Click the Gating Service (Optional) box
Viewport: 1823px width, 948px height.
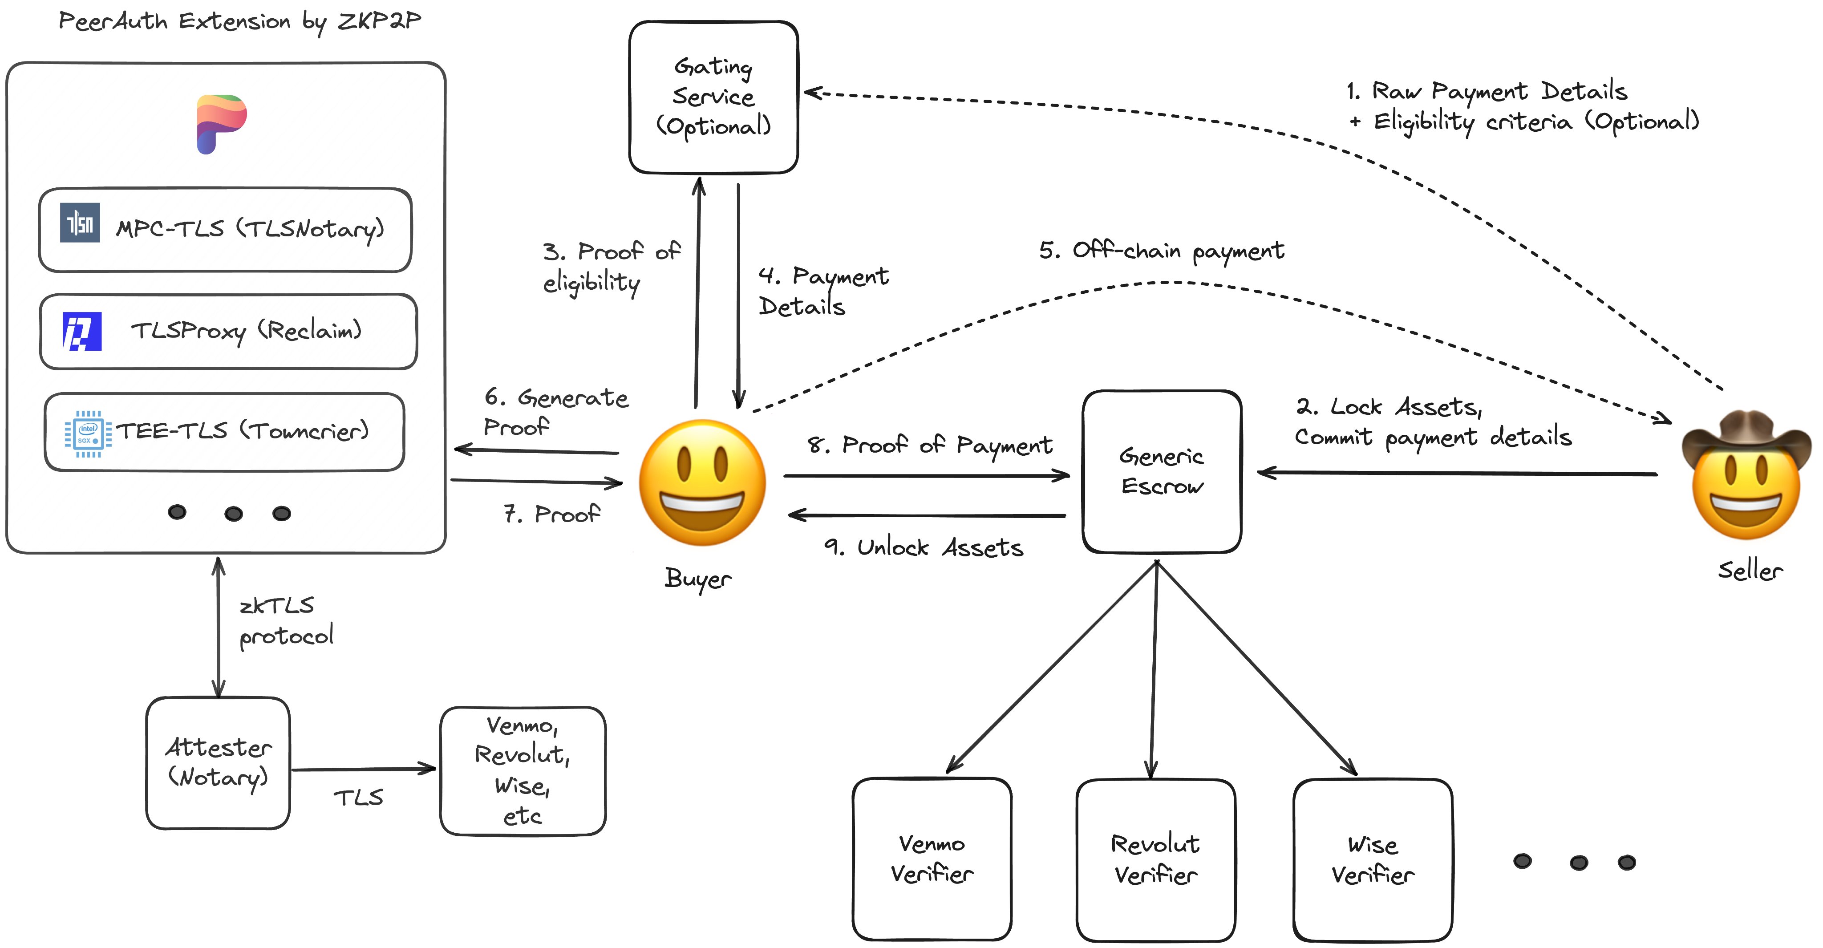point(713,97)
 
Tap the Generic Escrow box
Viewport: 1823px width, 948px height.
point(1161,471)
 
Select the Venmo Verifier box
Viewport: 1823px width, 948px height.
point(932,859)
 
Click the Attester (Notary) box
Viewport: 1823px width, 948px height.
point(218,763)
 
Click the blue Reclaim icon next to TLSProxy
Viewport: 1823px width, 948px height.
point(82,331)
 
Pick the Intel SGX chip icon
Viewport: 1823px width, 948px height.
point(88,433)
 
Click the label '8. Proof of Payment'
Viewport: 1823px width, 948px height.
point(929,445)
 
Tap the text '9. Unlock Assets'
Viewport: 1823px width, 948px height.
point(923,547)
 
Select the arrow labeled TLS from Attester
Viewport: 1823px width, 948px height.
point(363,769)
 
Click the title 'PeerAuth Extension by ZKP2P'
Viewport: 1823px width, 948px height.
point(239,21)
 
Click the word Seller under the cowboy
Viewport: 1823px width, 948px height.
point(1750,570)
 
